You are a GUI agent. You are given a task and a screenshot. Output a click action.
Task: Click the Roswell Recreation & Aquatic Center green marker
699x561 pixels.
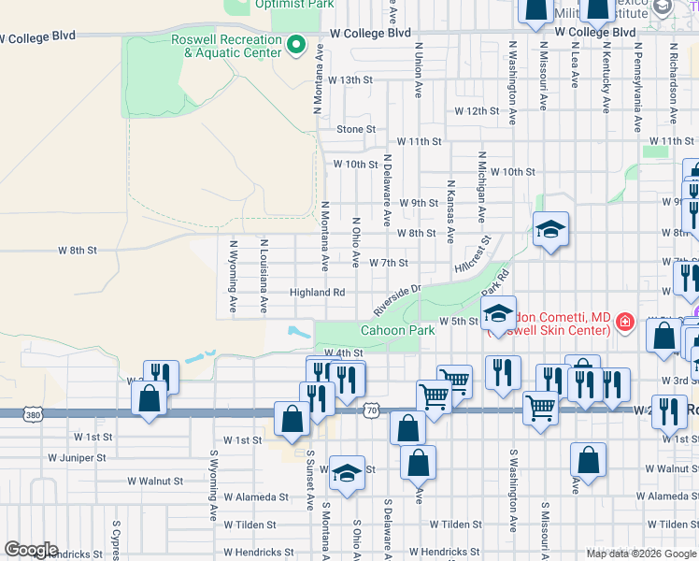point(296,44)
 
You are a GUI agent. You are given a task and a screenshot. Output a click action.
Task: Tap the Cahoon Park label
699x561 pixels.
point(399,331)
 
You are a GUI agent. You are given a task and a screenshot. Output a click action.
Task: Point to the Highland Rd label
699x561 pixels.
point(317,293)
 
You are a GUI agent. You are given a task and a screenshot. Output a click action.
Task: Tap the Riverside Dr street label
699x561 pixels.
point(399,299)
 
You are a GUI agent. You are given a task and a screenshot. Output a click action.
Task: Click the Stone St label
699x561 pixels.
point(355,130)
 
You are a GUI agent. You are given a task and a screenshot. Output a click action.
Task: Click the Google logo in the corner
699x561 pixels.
point(31,550)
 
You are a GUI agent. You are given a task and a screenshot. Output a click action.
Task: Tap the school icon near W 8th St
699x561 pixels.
point(551,229)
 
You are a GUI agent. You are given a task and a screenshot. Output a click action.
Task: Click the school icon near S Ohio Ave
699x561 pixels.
point(346,475)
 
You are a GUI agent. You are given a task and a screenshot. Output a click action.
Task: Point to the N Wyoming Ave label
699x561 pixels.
point(233,278)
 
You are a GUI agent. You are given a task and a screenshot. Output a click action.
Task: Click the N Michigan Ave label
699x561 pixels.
point(482,188)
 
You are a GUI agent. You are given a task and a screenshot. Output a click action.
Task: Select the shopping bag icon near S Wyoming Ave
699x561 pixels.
point(150,399)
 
